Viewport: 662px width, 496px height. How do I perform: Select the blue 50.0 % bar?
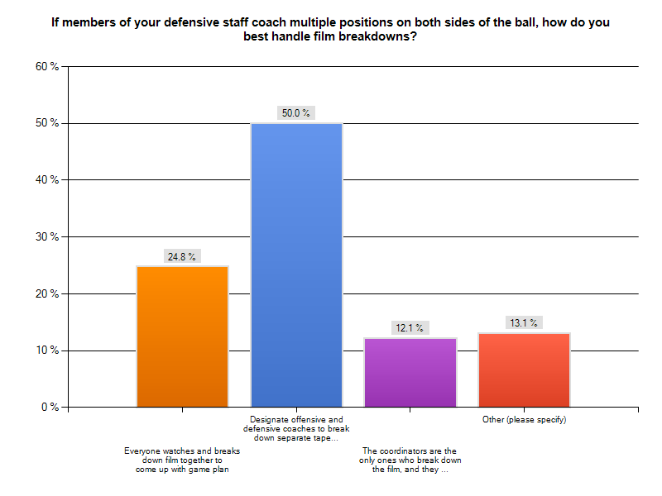(x=296, y=265)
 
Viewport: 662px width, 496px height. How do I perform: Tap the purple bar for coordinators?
(x=410, y=372)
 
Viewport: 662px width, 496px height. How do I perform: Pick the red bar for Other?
(x=524, y=370)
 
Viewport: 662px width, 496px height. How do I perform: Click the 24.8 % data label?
(x=182, y=257)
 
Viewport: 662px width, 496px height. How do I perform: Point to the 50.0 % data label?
(x=296, y=113)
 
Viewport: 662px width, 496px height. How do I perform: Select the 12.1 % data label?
(x=410, y=328)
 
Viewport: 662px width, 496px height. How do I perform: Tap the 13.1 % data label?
(x=524, y=323)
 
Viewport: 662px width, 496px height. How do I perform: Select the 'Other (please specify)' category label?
(x=524, y=420)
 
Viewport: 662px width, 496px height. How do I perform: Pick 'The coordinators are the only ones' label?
(x=410, y=460)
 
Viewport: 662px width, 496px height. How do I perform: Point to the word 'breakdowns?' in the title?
(x=377, y=36)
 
